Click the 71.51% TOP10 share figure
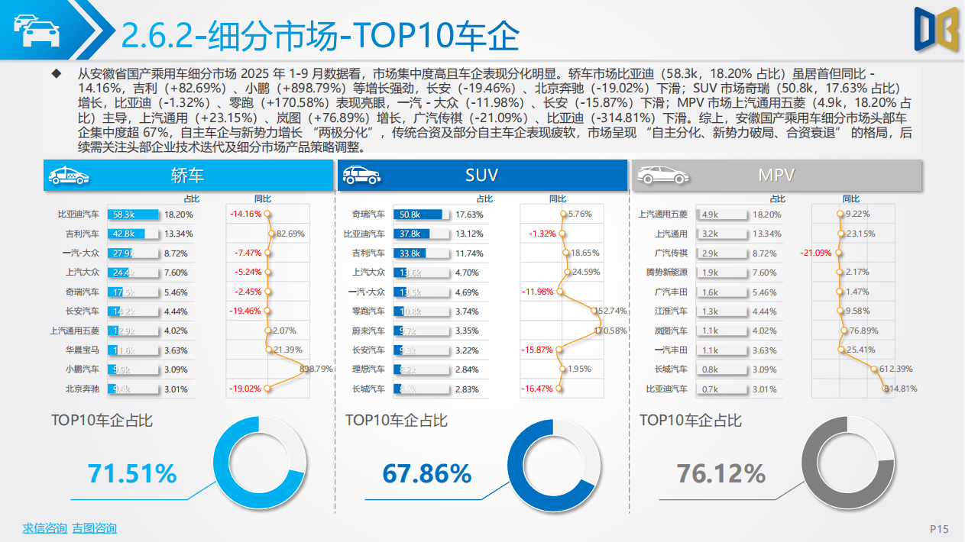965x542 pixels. click(x=131, y=473)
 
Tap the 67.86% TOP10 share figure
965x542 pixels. click(x=426, y=473)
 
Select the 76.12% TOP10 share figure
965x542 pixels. click(x=721, y=473)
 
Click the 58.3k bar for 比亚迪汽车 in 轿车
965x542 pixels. click(x=134, y=215)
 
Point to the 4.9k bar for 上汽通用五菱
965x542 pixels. click(x=711, y=215)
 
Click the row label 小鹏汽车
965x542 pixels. click(x=82, y=369)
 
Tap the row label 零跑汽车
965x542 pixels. click(x=368, y=311)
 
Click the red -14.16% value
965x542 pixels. click(x=246, y=214)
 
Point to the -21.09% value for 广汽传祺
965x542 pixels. click(x=815, y=253)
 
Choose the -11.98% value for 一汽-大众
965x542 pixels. click(x=538, y=292)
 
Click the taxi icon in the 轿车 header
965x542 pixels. click(x=68, y=176)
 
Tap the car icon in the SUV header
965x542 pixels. click(x=361, y=176)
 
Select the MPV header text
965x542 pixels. click(x=776, y=175)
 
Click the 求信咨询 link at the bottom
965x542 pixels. click(x=44, y=528)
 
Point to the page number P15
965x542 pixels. click(x=938, y=529)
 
